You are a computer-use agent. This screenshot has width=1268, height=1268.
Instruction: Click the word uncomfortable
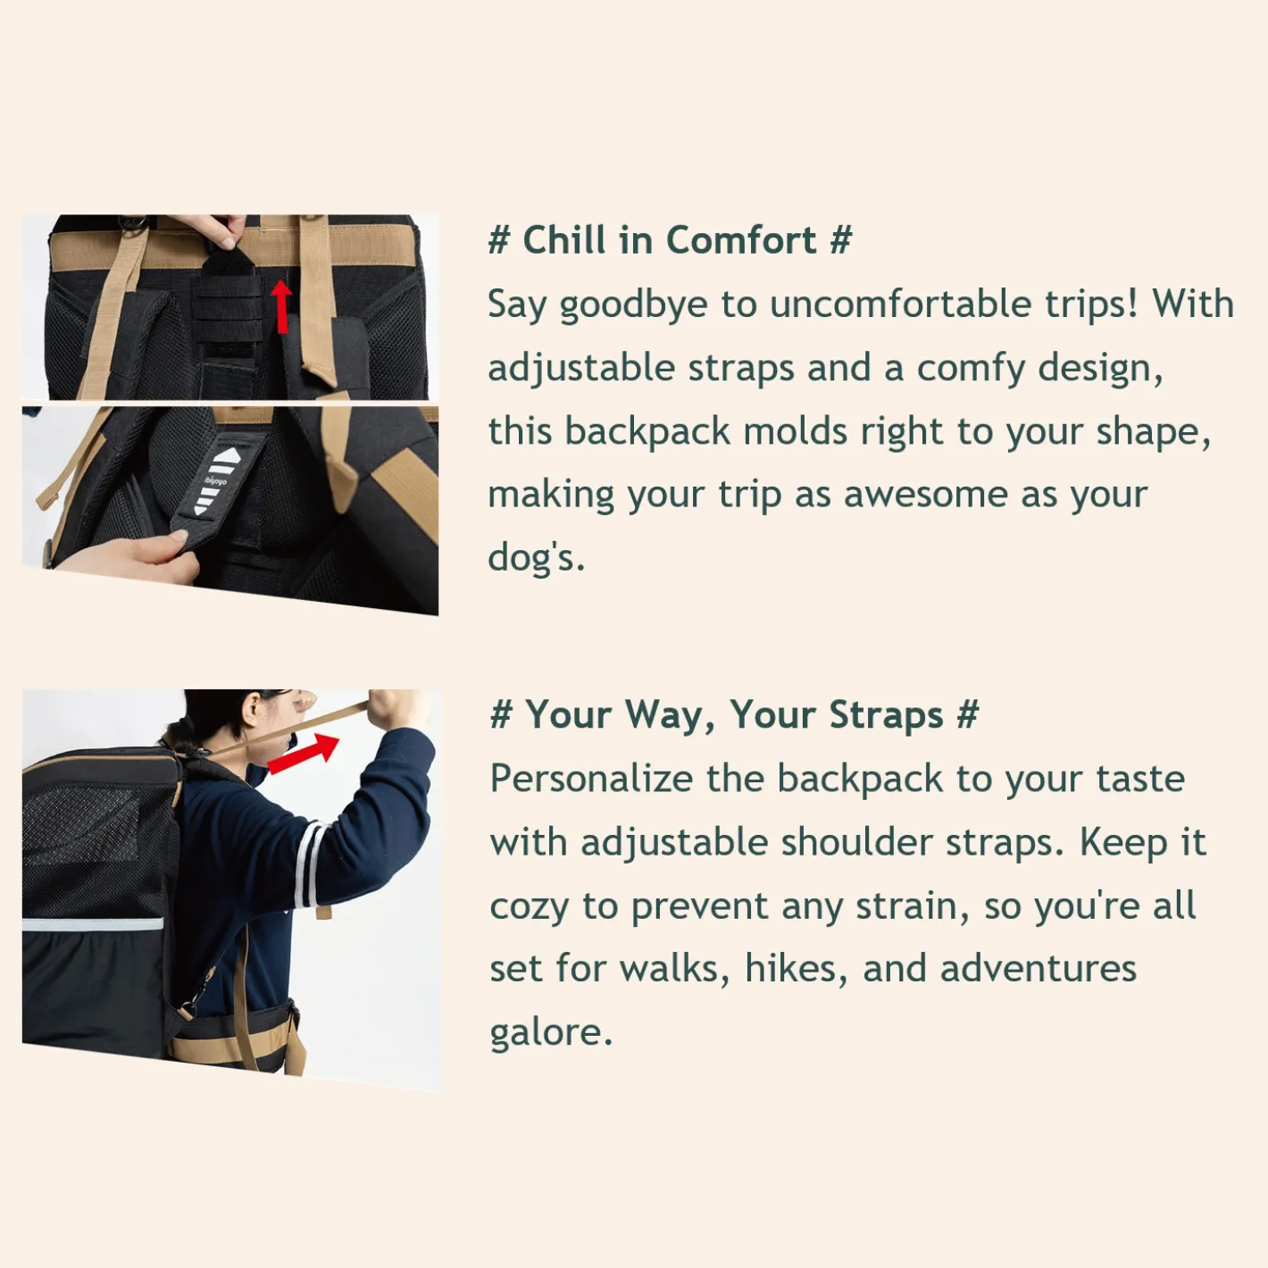point(900,304)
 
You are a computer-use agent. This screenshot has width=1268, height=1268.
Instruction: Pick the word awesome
point(925,495)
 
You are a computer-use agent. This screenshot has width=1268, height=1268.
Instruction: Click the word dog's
point(536,557)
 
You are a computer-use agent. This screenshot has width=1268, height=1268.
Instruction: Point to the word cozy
point(530,906)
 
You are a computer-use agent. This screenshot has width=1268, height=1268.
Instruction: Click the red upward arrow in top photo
point(282,306)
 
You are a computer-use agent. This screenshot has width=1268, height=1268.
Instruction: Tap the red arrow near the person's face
point(304,754)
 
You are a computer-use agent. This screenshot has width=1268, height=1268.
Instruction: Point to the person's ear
point(251,712)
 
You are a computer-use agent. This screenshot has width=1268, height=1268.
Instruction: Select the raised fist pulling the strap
point(395,710)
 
